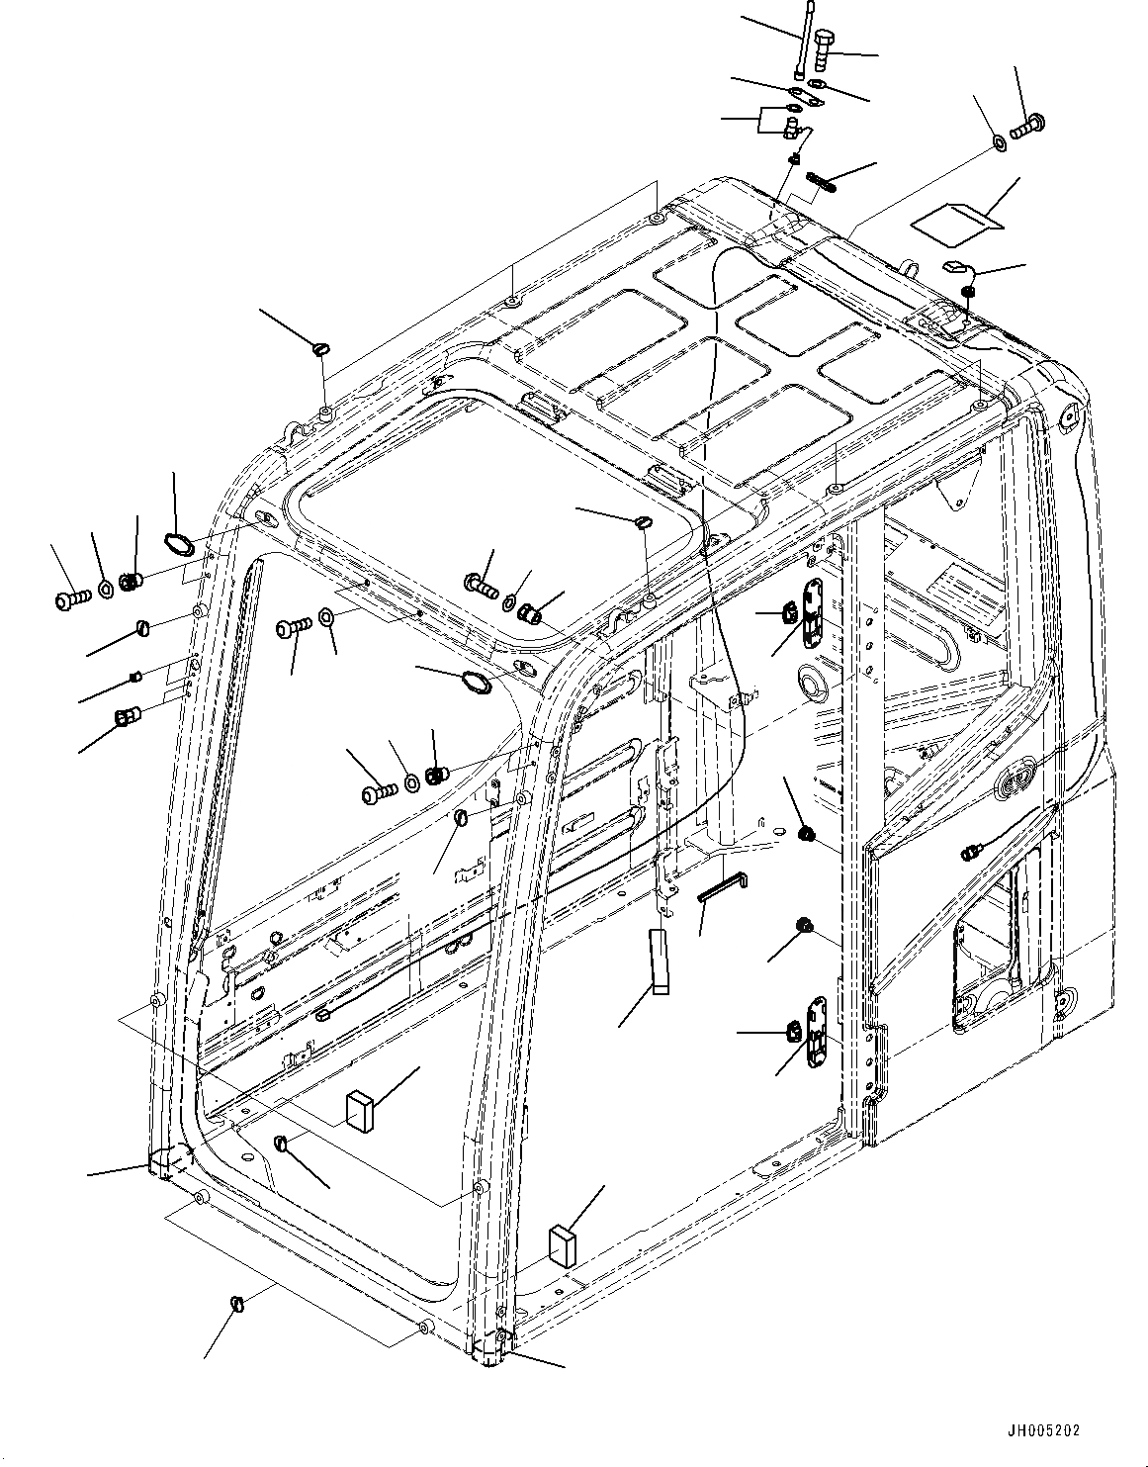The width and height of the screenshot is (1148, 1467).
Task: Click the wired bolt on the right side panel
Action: [972, 851]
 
